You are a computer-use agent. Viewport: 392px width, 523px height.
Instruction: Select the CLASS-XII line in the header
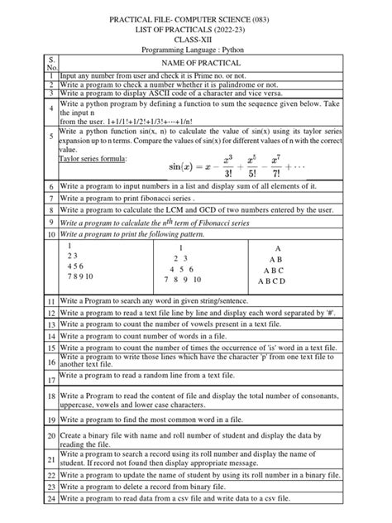195,38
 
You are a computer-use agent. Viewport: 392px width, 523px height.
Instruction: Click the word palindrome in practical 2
222,85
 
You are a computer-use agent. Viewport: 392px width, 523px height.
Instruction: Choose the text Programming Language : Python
195,50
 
